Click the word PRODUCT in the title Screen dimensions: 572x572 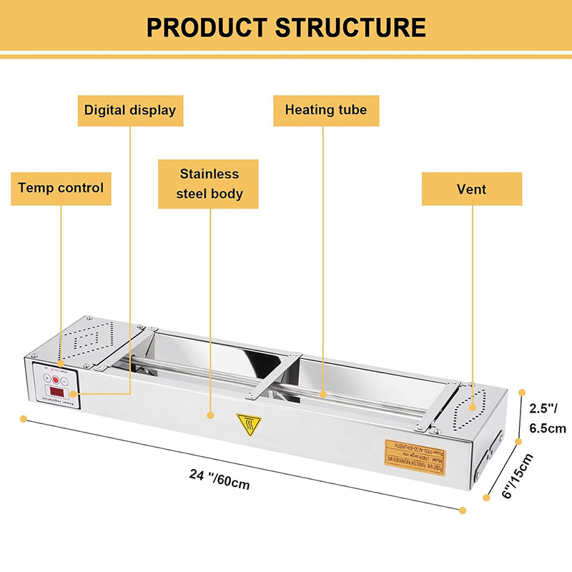[207, 27]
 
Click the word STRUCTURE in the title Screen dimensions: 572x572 [350, 27]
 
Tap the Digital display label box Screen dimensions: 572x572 [129, 110]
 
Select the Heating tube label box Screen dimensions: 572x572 [325, 110]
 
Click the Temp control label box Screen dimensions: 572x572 [61, 188]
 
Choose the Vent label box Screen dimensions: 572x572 [471, 189]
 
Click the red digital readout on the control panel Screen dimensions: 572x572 [56, 392]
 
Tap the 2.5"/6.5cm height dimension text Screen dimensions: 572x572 [547, 419]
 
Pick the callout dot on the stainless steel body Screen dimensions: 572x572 [210, 413]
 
